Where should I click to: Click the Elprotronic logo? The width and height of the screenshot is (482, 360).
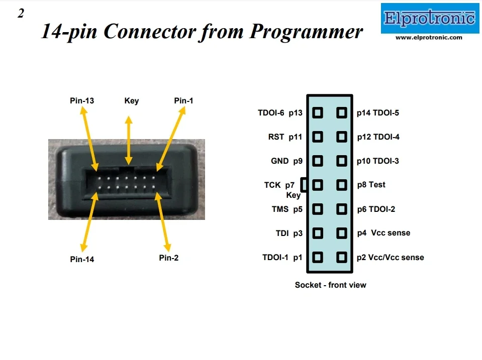429,19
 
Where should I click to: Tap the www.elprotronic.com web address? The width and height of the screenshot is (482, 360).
429,37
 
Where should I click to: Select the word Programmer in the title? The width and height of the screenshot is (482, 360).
306,32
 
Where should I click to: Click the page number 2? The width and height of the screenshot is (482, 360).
21,14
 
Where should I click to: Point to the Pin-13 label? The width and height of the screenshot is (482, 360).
82,100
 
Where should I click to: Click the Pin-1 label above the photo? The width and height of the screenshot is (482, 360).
183,100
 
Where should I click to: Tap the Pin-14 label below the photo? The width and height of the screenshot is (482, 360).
82,259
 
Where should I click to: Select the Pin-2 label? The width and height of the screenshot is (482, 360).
169,258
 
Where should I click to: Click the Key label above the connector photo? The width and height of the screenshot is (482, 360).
132,100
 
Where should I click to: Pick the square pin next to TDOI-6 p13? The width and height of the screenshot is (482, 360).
317,112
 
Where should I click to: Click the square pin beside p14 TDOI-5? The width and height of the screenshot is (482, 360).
342,112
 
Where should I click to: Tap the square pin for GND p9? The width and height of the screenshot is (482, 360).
317,161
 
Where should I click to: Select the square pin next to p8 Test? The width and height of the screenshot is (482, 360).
342,185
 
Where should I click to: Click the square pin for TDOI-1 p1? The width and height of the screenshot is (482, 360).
317,257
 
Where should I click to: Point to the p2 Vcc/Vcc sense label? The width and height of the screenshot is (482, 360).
390,257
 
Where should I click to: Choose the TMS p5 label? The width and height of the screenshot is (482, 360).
287,209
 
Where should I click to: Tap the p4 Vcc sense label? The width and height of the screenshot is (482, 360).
383,233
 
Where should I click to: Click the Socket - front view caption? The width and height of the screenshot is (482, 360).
330,285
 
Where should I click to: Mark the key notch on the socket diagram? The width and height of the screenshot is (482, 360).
304,185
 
